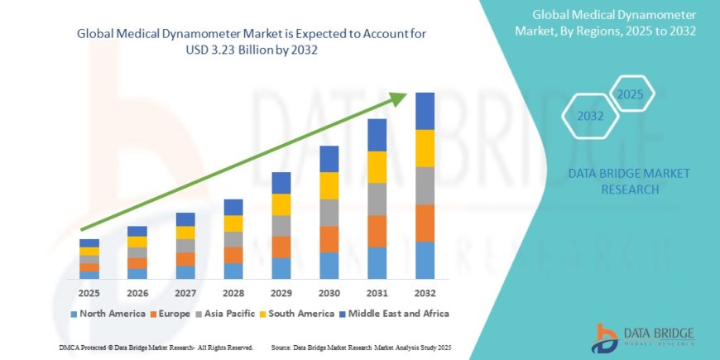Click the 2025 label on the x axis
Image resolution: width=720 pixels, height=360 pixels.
coord(89,292)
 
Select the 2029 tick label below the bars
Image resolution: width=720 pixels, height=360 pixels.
coord(281,292)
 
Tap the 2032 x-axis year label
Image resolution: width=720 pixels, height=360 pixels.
coord(425,292)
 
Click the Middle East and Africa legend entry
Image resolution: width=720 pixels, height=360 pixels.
coord(397,314)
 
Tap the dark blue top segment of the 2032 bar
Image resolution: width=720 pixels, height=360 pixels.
coord(425,111)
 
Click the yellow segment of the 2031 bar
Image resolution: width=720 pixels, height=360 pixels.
coord(377,167)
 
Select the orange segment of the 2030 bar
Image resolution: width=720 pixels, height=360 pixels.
coord(329,239)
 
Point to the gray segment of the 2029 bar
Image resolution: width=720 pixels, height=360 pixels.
coord(281,226)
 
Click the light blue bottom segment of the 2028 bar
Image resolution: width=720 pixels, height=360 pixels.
coord(233,271)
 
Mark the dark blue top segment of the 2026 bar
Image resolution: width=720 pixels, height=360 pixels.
coord(137,231)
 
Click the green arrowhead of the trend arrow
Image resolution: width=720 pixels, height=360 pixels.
coord(399,98)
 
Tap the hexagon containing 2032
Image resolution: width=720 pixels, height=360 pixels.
coord(590,116)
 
